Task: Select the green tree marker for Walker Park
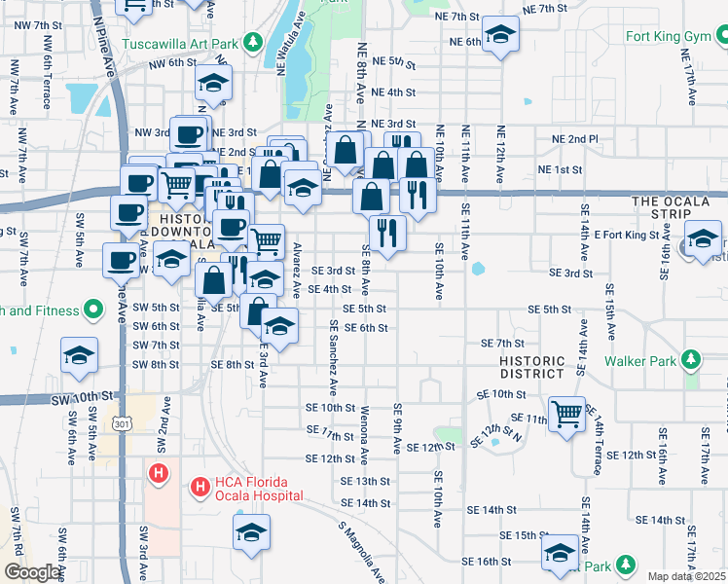[x=690, y=361]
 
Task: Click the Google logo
[x=32, y=572]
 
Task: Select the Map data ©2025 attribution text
[x=686, y=576]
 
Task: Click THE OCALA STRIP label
[x=677, y=201]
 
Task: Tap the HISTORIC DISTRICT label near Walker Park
[x=531, y=367]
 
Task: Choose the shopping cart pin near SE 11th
[x=566, y=413]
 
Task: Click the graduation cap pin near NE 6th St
[x=500, y=37]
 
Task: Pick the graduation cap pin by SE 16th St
[x=561, y=552]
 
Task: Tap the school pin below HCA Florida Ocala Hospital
[x=251, y=532]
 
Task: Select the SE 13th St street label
[x=365, y=481]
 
